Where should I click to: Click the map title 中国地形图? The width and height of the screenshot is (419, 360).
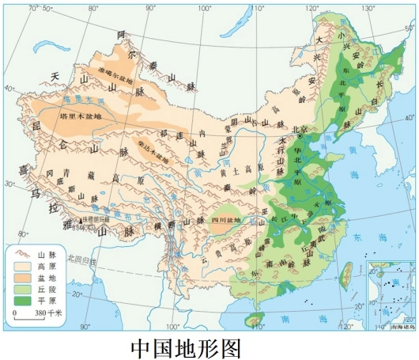[184, 347]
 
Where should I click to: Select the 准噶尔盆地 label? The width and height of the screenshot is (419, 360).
[119, 70]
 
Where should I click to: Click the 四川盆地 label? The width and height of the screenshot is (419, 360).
[226, 219]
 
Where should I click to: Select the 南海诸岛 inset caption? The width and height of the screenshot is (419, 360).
[392, 324]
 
